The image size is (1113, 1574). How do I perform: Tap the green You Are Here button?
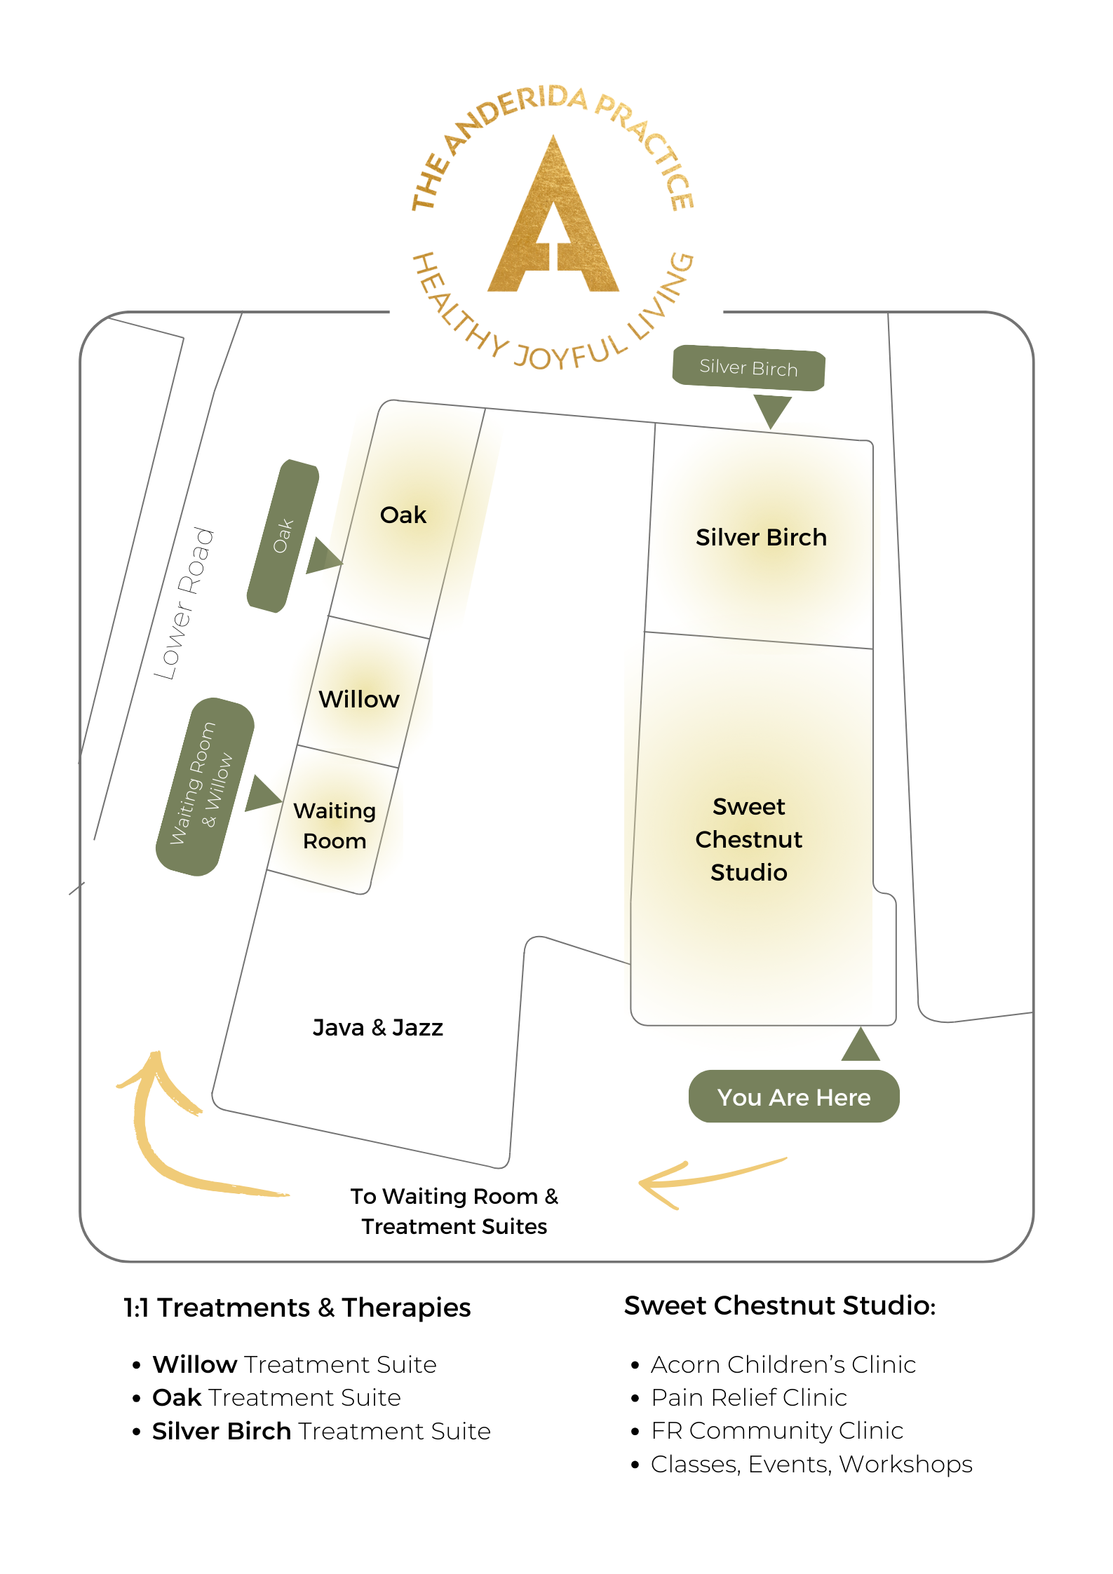click(x=793, y=1097)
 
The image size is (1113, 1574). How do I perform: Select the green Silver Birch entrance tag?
click(x=748, y=368)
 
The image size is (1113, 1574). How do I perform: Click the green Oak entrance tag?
click(x=283, y=536)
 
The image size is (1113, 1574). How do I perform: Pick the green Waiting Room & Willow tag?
click(x=203, y=786)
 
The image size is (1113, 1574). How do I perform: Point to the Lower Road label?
click(x=184, y=603)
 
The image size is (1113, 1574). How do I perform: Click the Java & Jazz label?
click(x=377, y=1028)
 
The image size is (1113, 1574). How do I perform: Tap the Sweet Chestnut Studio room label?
click(x=748, y=839)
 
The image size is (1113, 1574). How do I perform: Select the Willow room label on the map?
click(x=359, y=700)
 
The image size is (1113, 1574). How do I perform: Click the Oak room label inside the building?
click(x=403, y=515)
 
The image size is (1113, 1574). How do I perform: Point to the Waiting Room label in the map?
click(x=335, y=826)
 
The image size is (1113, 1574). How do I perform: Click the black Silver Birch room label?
click(x=761, y=538)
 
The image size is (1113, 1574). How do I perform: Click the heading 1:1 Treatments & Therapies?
click(x=297, y=1308)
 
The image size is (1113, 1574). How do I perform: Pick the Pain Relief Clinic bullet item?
click(x=749, y=1398)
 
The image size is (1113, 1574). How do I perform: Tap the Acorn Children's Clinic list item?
click(x=783, y=1365)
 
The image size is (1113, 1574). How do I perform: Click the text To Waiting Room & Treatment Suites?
click(x=454, y=1212)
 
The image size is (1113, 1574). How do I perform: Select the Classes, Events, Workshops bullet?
click(x=811, y=1465)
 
